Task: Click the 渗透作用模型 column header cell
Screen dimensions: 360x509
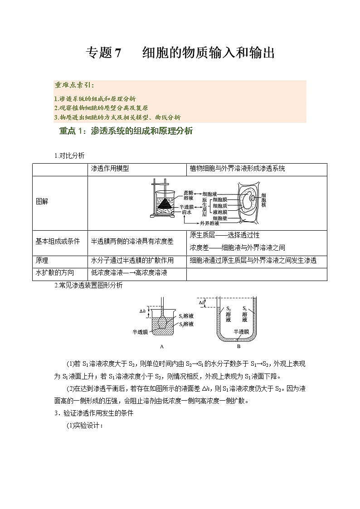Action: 110,169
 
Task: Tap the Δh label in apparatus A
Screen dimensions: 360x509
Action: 142,311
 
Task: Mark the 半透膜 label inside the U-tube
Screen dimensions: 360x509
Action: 241,331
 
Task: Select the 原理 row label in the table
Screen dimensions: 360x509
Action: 42,261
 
